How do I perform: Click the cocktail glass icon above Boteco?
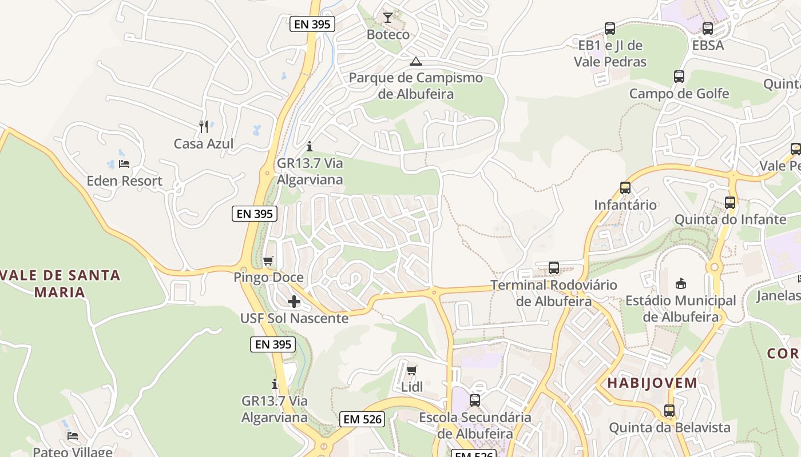pos(388,18)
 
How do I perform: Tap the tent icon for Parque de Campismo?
pos(416,61)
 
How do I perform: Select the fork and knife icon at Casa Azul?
pos(203,126)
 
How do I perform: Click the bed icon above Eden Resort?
pos(124,164)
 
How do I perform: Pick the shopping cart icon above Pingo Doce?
pos(268,261)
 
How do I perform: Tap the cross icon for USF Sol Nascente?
pos(294,301)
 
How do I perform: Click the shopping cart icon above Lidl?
pos(411,370)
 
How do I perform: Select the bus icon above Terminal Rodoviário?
pos(553,267)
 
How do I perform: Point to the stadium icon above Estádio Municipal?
pos(680,283)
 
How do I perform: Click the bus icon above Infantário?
pos(625,187)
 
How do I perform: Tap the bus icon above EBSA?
pos(708,28)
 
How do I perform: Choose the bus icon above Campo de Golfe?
pos(679,76)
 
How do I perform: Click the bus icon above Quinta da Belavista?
pos(669,410)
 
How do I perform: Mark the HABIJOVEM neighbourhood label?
pos(652,383)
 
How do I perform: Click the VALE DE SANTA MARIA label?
pos(60,283)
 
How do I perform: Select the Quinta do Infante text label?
pos(730,219)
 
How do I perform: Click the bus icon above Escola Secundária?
pos(474,400)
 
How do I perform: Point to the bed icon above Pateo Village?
pos(73,435)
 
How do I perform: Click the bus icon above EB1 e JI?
pos(610,28)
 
